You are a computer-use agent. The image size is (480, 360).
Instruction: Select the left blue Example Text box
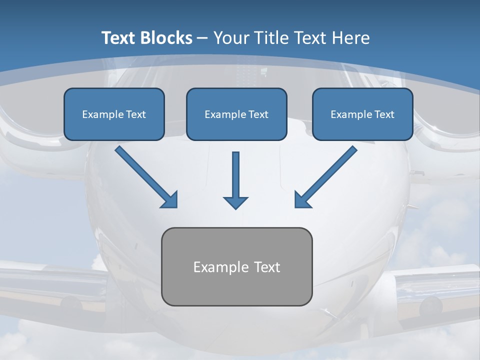click(x=114, y=114)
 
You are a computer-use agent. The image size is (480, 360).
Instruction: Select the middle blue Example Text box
click(x=236, y=114)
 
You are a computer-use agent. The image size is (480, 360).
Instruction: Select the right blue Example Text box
click(x=362, y=114)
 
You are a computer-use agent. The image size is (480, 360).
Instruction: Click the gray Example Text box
click(x=236, y=266)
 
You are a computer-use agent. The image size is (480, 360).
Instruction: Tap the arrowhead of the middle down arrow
click(x=235, y=202)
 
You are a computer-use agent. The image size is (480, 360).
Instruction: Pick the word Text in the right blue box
click(x=384, y=114)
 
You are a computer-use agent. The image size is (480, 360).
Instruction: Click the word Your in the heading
click(x=231, y=38)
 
